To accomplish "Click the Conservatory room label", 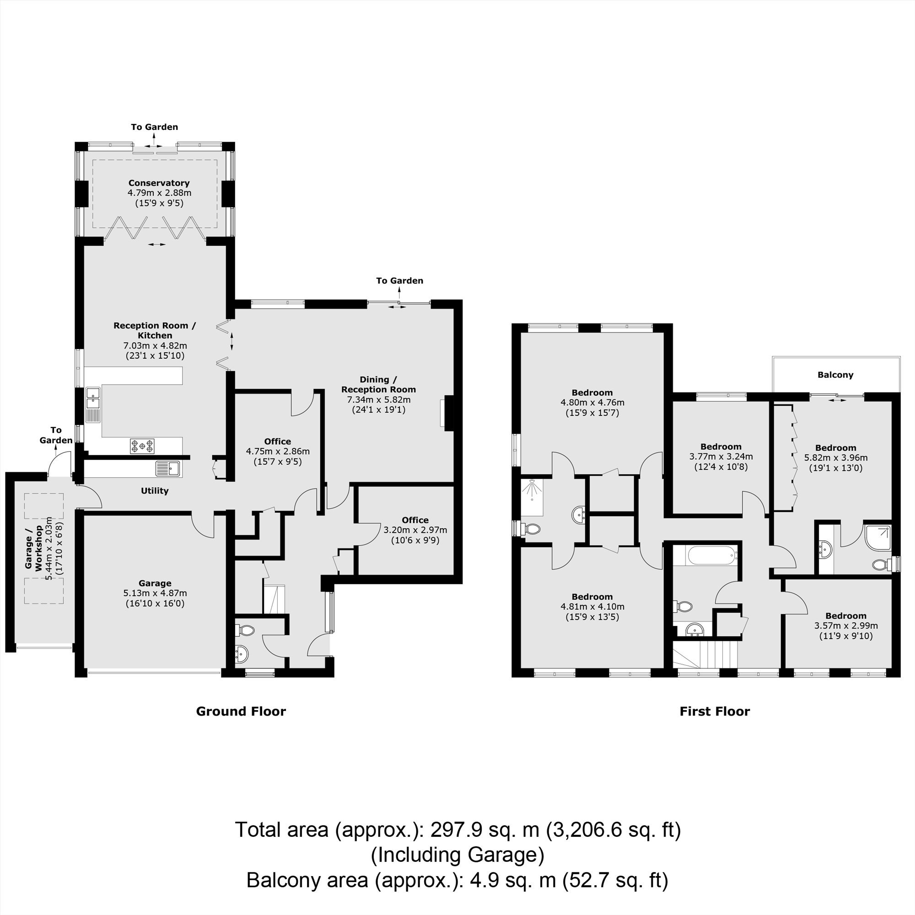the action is tap(159, 183).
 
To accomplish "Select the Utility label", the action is tap(155, 490).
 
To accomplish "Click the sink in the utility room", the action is tap(167, 468).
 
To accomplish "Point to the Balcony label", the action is tap(835, 375).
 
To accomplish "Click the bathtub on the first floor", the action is tap(711, 555).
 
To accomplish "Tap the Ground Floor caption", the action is tap(241, 711).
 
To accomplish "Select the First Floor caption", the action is tap(715, 711).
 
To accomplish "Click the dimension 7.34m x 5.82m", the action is tap(379, 400).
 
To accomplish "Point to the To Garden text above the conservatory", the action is tap(154, 127).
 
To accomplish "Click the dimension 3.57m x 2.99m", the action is tap(846, 625).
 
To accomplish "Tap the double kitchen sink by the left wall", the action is tap(93, 404).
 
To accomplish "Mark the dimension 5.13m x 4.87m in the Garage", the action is tap(156, 593).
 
